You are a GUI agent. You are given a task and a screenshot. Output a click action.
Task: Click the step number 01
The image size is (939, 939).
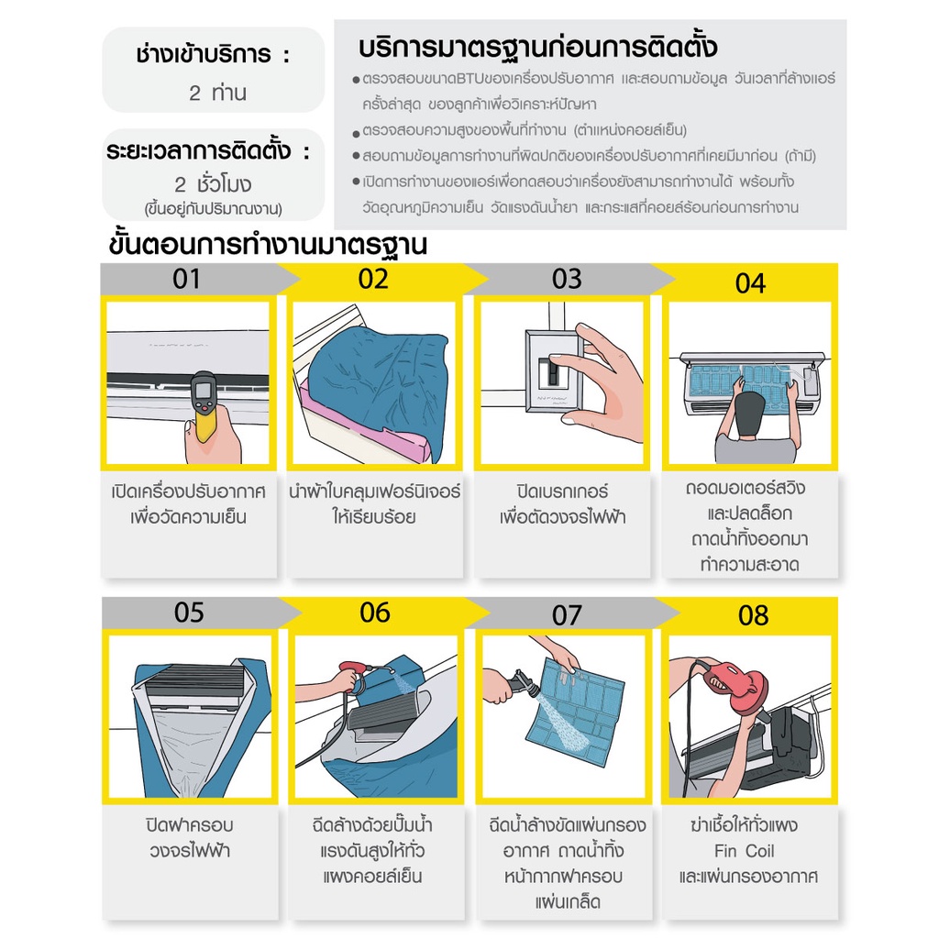(x=186, y=279)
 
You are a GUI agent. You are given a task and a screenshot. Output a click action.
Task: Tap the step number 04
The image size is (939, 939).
(x=750, y=283)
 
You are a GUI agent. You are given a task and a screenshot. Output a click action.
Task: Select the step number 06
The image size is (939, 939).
(x=375, y=613)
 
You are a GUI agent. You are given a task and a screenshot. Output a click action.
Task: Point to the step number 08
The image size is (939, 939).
(x=754, y=615)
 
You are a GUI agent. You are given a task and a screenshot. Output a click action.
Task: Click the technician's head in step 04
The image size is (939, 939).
(x=750, y=414)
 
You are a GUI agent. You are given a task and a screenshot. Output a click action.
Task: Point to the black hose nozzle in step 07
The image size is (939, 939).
(x=522, y=684)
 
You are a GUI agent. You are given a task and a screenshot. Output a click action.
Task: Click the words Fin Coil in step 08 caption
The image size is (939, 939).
(x=744, y=851)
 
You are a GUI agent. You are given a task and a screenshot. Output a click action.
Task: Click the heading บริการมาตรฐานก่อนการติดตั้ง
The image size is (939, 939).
(x=537, y=48)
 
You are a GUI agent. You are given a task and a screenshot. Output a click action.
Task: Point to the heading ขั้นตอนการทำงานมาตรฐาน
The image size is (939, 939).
(x=268, y=244)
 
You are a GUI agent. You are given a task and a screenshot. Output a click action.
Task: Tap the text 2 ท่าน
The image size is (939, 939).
(x=217, y=93)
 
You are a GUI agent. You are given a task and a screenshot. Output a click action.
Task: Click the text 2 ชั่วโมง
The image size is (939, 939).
(x=213, y=183)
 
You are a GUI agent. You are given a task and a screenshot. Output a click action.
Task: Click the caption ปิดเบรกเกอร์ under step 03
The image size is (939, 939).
(x=562, y=492)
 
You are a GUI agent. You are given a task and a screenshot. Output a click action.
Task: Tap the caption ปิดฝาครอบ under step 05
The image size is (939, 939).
(x=189, y=824)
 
